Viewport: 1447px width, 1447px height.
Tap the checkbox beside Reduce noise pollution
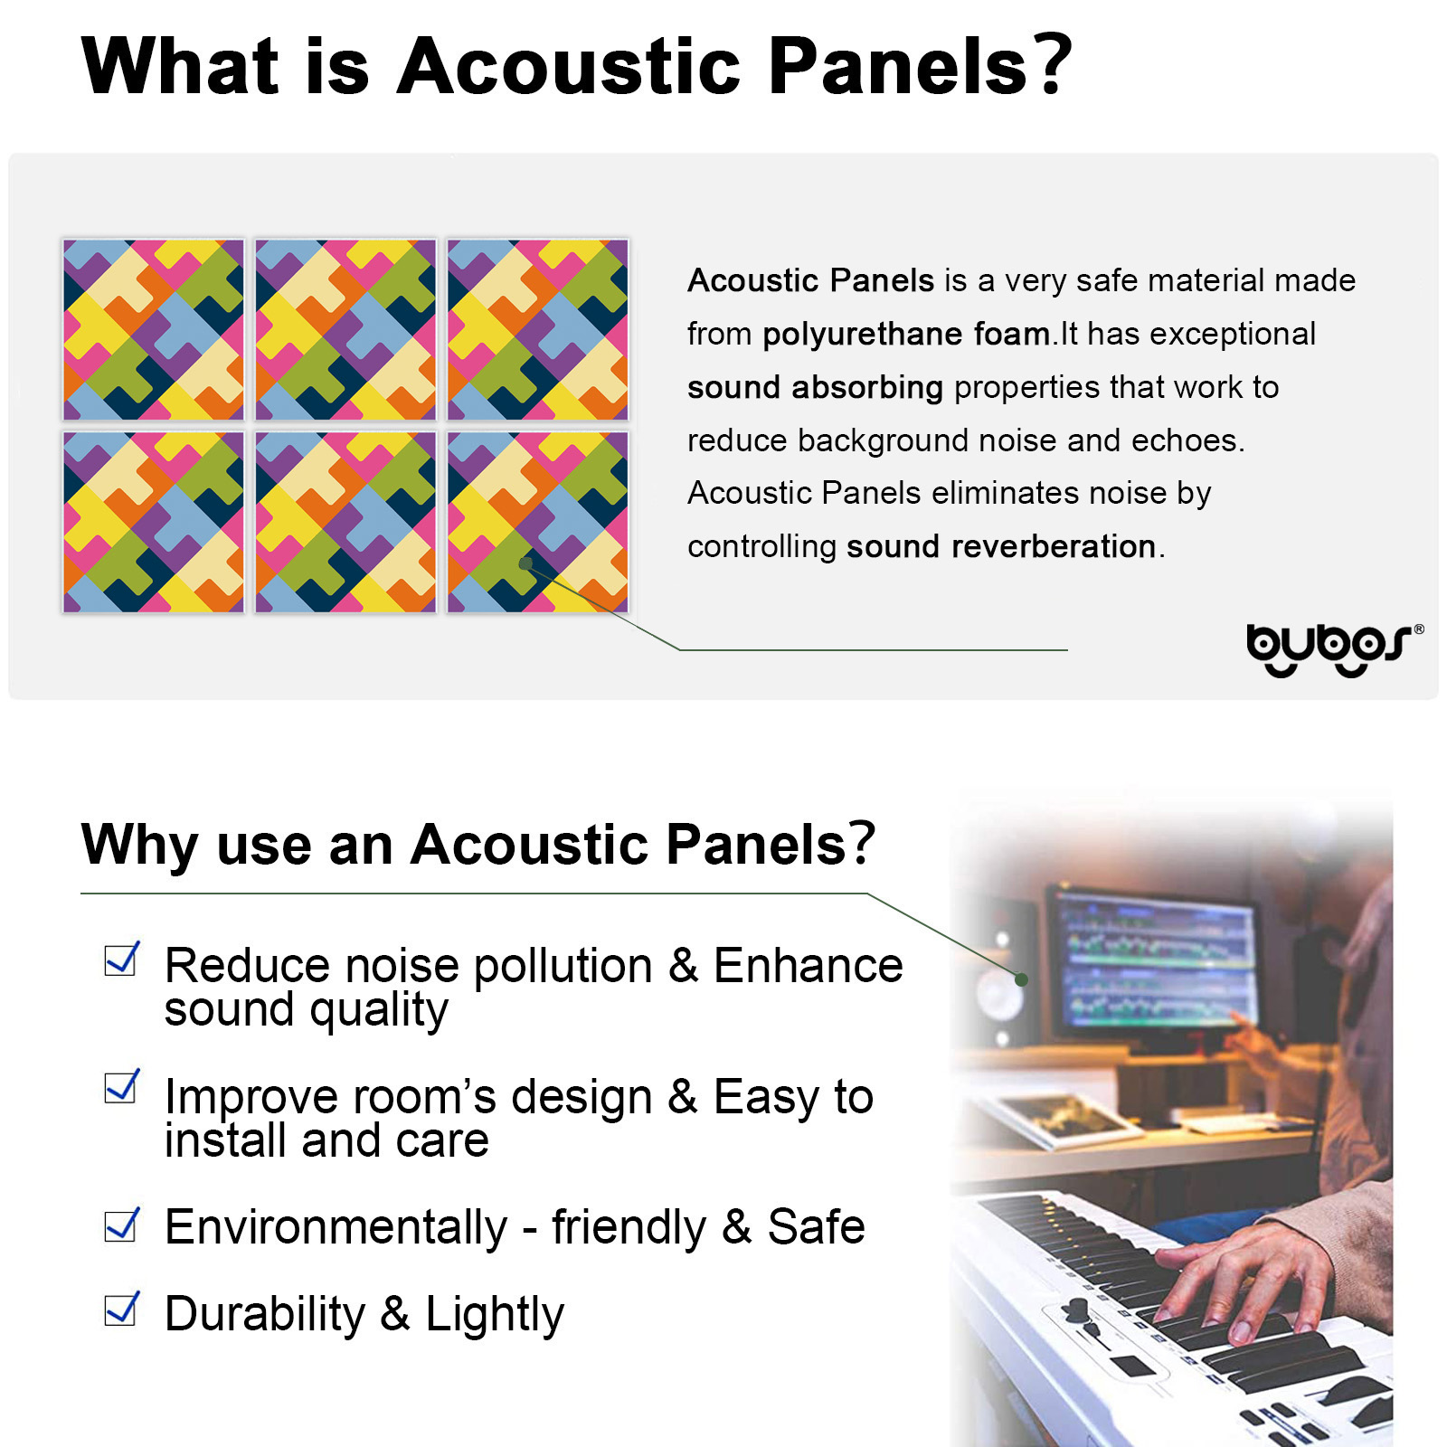(x=122, y=959)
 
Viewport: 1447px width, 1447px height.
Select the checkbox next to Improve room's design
(x=122, y=1086)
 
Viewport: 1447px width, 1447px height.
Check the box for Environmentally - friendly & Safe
(x=122, y=1225)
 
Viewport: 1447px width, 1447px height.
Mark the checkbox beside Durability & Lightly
(x=122, y=1309)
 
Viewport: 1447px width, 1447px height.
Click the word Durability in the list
(x=265, y=1313)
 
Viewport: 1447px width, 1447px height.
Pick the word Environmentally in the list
(x=336, y=1227)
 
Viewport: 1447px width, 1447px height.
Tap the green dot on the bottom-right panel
(x=525, y=563)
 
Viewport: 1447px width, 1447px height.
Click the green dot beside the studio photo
(x=1021, y=979)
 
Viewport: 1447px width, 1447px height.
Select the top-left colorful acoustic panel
(x=154, y=330)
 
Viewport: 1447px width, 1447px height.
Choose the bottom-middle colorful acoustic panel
(x=345, y=522)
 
